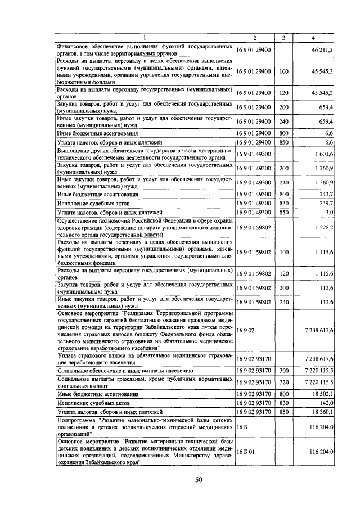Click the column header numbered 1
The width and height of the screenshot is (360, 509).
(145, 38)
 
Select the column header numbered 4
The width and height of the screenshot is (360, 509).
(313, 38)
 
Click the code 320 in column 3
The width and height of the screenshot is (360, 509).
(283, 382)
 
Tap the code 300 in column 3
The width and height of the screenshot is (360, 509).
(283, 371)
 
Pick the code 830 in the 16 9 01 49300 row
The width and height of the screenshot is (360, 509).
(283, 202)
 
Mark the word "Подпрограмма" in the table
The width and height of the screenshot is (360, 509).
(76, 420)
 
